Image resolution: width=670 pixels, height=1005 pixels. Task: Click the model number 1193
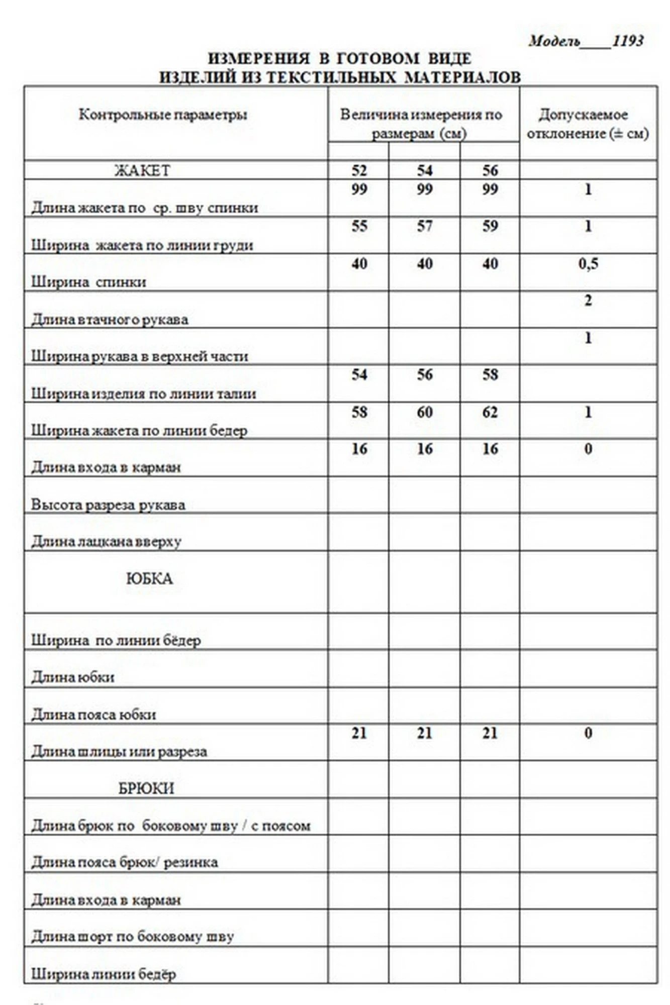(x=628, y=41)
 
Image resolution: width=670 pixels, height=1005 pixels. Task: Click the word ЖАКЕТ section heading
(x=142, y=171)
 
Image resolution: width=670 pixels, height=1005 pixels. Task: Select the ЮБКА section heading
(x=149, y=578)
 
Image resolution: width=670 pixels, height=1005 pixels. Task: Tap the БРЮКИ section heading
(x=146, y=788)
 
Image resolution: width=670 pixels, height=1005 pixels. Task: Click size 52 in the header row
(x=359, y=170)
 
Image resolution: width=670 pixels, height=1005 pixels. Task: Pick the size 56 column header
(x=490, y=170)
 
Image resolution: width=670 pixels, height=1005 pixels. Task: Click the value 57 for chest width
(x=425, y=226)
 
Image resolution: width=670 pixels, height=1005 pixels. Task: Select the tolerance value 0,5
(x=588, y=263)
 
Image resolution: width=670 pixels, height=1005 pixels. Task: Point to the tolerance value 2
(x=588, y=300)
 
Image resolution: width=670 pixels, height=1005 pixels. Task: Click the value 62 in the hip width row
(x=490, y=412)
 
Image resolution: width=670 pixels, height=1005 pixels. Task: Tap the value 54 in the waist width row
(x=359, y=375)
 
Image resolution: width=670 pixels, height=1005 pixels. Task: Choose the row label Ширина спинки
(x=89, y=282)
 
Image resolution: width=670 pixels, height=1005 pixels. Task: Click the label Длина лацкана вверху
(x=106, y=542)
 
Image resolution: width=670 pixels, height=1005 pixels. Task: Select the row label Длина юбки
(x=73, y=677)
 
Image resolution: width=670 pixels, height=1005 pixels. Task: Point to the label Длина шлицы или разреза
(x=119, y=752)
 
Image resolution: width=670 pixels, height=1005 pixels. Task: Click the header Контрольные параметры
(x=163, y=115)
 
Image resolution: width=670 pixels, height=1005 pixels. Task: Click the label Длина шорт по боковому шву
(x=133, y=937)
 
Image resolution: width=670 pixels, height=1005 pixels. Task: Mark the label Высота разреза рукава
(x=108, y=505)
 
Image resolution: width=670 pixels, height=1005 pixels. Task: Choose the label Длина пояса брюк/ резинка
(x=125, y=862)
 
